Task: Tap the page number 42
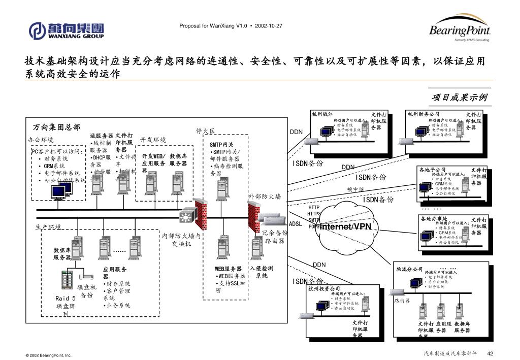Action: pyautogui.click(x=491, y=353)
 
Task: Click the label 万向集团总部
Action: pyautogui.click(x=56, y=127)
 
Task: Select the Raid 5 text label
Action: pyautogui.click(x=66, y=299)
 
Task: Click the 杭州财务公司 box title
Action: pyautogui.click(x=424, y=114)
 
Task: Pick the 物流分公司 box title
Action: pyautogui.click(x=409, y=269)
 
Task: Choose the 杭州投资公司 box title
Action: pyautogui.click(x=324, y=289)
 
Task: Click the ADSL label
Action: pyautogui.click(x=296, y=223)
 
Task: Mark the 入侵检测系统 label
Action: pyautogui.click(x=262, y=272)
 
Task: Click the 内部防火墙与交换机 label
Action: pyautogui.click(x=181, y=240)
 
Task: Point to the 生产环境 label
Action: pyautogui.click(x=48, y=227)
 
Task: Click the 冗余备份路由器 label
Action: pyautogui.click(x=275, y=237)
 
